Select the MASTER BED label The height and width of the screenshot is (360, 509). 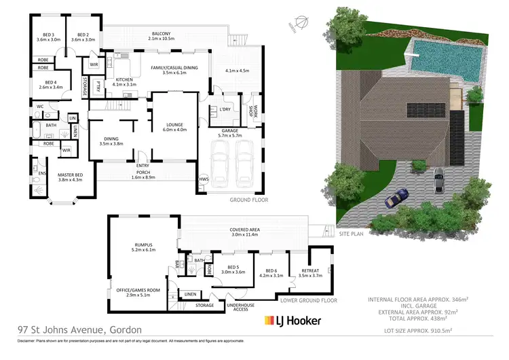tap(70, 177)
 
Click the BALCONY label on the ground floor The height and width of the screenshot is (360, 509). tap(161, 35)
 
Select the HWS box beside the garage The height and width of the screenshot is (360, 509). tap(203, 179)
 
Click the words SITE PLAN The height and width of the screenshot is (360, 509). tap(353, 233)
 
